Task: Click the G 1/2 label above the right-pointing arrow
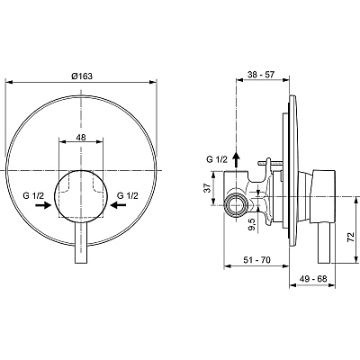[36, 193]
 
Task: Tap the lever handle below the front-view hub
[79, 243]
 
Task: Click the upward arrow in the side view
[237, 158]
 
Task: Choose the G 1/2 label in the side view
[217, 160]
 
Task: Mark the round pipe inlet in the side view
[237, 205]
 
